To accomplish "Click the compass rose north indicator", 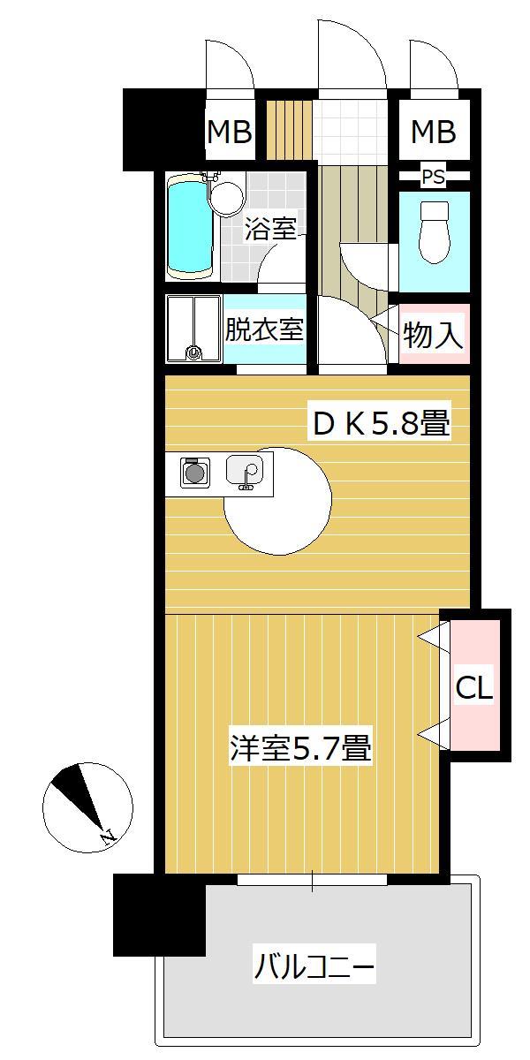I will [x=87, y=805].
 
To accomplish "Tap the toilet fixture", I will [x=434, y=232].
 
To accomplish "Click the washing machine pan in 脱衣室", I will [x=193, y=329].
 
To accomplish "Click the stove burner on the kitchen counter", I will [x=194, y=473].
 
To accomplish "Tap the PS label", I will [x=433, y=178].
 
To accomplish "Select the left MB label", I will [x=230, y=132].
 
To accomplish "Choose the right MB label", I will [x=433, y=132].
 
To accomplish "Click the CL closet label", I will [x=473, y=688].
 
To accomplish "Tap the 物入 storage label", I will [x=433, y=335].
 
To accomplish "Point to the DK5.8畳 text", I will [x=381, y=425].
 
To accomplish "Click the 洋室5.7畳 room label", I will [x=299, y=749].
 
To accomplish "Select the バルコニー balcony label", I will [x=314, y=966].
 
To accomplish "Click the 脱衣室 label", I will [x=264, y=329].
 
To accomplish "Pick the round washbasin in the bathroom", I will [x=227, y=197].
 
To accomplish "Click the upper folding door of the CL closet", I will [x=433, y=636].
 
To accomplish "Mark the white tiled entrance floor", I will [x=350, y=132].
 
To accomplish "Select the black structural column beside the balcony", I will [x=159, y=914].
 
